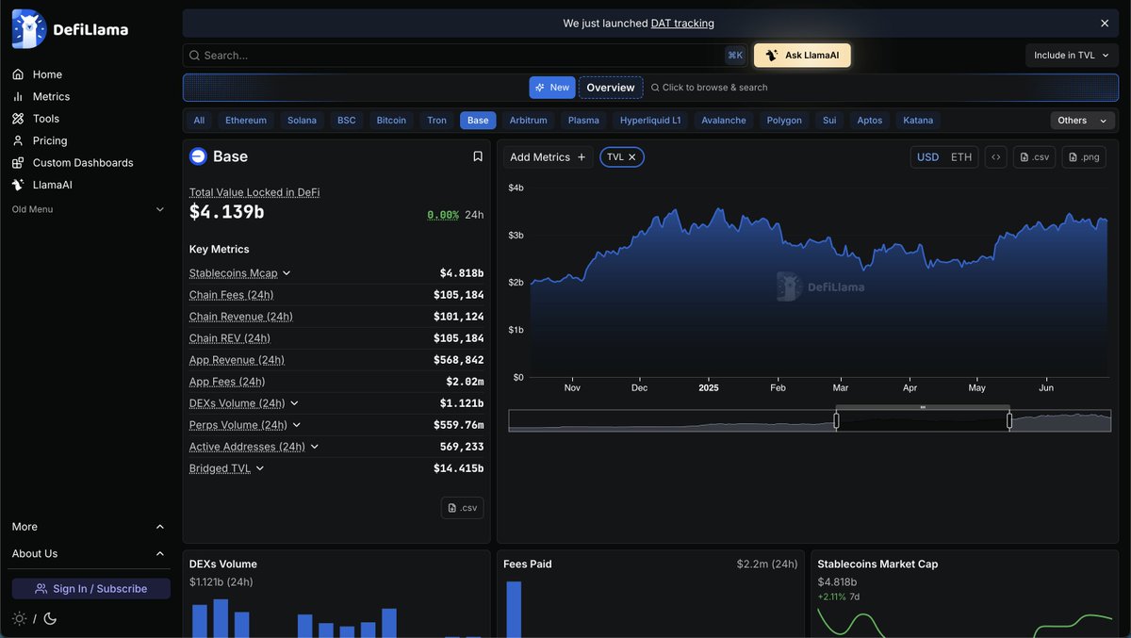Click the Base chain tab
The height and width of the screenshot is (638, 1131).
(x=478, y=121)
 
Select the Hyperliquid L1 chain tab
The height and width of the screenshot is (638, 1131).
(x=650, y=121)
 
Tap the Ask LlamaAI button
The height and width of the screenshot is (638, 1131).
(x=802, y=56)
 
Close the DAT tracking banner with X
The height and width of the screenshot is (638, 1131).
(x=1105, y=24)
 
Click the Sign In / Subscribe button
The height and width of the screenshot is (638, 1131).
(x=91, y=589)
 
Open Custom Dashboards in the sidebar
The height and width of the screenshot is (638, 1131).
(x=83, y=163)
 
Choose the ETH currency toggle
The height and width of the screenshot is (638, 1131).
(x=960, y=157)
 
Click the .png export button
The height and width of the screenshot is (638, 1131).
(x=1084, y=157)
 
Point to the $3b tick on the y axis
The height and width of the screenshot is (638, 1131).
(x=516, y=236)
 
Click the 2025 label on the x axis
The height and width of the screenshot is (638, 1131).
(x=709, y=388)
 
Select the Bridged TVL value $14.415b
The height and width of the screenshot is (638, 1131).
(x=458, y=468)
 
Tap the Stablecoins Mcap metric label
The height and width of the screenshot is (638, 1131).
(x=234, y=273)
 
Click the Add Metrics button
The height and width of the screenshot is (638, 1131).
(x=548, y=157)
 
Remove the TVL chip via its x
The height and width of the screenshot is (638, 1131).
(x=632, y=157)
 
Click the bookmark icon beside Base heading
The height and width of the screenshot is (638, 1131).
(x=478, y=156)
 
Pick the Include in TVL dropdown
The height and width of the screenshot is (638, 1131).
(x=1072, y=56)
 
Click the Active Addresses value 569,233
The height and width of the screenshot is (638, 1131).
(x=462, y=447)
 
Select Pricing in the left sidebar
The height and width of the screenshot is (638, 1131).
(x=50, y=140)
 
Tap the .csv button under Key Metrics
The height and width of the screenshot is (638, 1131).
(x=462, y=508)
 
